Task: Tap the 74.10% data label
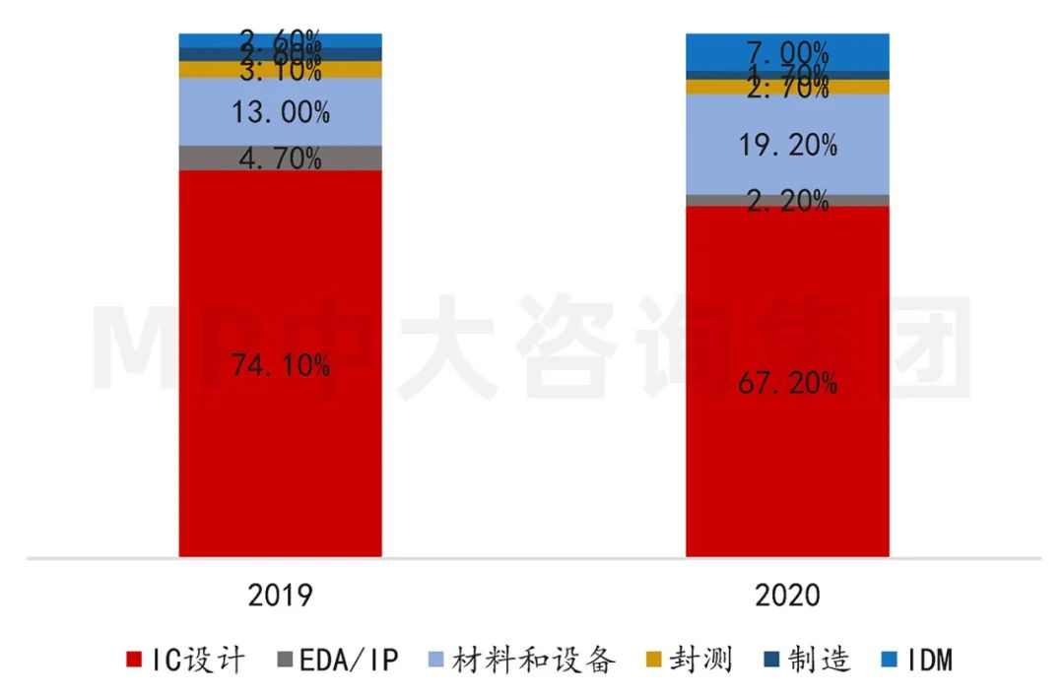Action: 280,365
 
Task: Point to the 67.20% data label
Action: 787,382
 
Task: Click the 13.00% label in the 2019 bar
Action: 280,112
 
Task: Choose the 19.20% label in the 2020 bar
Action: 787,146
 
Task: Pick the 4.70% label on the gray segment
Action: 280,158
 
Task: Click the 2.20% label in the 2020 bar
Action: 787,201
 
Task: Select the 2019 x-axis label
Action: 280,597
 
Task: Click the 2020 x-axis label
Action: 787,597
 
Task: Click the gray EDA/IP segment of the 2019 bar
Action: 207,158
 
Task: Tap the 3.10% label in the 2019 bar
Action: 280,71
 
